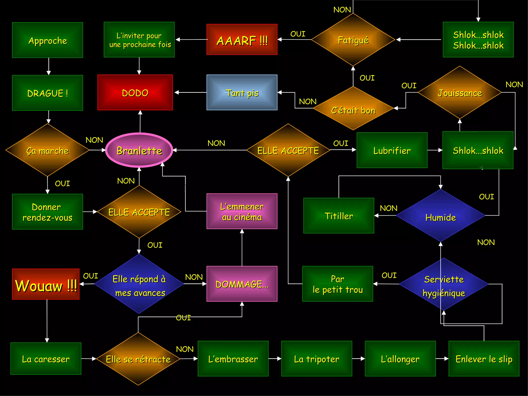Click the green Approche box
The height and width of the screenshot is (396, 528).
(47, 40)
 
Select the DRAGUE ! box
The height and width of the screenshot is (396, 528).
(47, 93)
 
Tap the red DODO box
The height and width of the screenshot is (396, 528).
(135, 93)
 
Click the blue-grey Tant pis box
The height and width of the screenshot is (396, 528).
(242, 93)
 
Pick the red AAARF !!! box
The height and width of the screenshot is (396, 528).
(242, 40)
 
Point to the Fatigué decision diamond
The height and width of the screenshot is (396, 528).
(353, 40)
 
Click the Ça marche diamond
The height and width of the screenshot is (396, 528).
(47, 150)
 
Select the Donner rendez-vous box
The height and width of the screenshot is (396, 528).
(47, 212)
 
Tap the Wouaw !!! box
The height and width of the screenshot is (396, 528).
(46, 284)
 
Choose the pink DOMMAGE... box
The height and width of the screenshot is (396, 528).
(242, 284)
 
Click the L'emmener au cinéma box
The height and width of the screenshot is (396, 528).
(242, 211)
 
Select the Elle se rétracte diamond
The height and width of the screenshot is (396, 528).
(138, 359)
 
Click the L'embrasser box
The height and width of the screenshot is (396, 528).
(233, 359)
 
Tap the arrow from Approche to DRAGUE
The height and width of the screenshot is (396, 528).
(48, 66)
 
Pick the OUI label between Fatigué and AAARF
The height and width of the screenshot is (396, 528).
(298, 34)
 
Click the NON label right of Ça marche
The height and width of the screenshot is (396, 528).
(94, 140)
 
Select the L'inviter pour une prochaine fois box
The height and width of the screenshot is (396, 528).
(139, 40)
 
